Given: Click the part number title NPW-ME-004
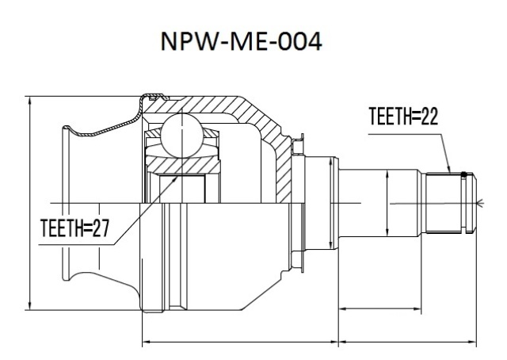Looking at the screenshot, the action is [241, 41].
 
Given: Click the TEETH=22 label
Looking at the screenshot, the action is [403, 117].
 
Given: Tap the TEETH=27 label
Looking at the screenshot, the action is [74, 228].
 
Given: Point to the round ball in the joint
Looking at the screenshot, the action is [182, 136].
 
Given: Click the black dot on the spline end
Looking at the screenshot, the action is [464, 174].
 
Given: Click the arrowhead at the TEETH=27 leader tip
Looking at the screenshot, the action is [175, 178].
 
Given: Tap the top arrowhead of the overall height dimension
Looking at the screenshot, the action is [30, 101].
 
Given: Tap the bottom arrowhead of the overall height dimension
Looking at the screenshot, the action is [30, 305].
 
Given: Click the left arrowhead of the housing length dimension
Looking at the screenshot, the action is [147, 342].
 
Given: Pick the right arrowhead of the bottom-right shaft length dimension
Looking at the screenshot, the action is [472, 342].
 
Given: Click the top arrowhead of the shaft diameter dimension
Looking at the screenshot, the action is [387, 175].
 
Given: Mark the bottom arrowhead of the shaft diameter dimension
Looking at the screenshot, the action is [387, 232].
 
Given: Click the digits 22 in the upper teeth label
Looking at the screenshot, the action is [429, 117].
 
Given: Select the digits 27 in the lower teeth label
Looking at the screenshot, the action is [101, 228].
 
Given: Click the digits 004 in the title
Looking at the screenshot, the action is [300, 41].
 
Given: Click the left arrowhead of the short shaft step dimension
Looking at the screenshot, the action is [343, 308].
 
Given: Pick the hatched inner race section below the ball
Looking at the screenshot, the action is [183, 164].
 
